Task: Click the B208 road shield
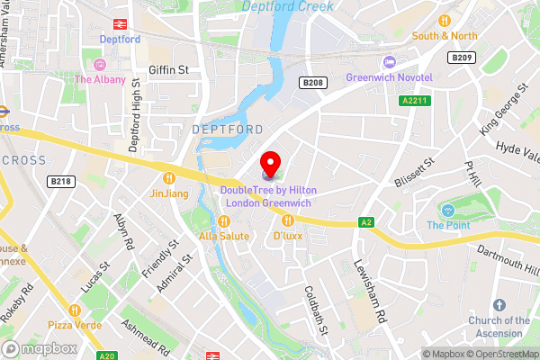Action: pyautogui.click(x=312, y=82)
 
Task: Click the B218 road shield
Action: pyautogui.click(x=61, y=181)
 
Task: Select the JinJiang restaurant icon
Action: pyautogui.click(x=168, y=176)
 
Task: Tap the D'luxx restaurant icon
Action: pyautogui.click(x=288, y=220)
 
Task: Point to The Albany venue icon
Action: pyautogui.click(x=99, y=64)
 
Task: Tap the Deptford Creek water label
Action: pyautogui.click(x=287, y=6)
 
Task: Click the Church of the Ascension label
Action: pyautogui.click(x=499, y=326)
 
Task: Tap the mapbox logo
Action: pyautogui.click(x=38, y=348)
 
